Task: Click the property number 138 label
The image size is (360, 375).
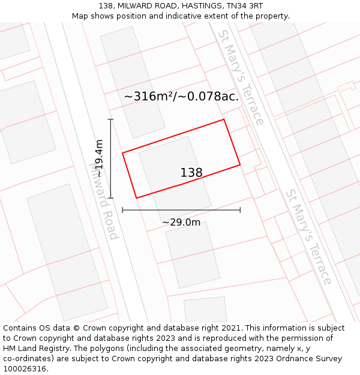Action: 191,173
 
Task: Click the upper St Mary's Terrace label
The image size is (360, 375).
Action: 241,77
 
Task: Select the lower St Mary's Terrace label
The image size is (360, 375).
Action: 308,237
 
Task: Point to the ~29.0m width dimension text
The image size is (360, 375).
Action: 181,223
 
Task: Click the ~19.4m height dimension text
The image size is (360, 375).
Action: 99,158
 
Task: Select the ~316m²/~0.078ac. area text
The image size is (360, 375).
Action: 181,96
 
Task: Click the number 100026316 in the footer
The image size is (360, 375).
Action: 25,369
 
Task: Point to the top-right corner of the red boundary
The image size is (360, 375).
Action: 224,119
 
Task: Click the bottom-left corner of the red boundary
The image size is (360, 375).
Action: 136,198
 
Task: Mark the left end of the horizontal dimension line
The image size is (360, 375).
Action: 122,210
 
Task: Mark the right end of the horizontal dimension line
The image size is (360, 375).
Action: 240,210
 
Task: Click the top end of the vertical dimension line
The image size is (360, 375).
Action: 110,119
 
